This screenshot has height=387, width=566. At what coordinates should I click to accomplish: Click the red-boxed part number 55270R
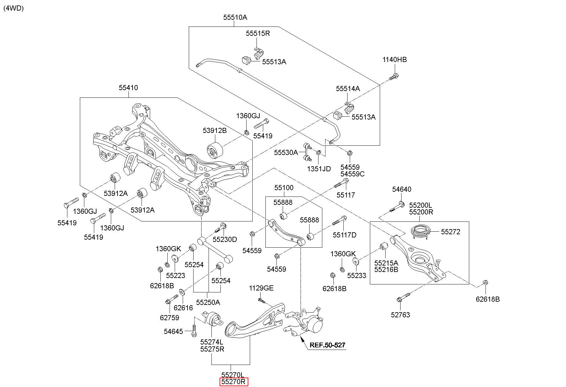click(233, 382)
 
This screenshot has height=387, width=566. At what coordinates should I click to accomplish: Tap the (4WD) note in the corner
click(14, 8)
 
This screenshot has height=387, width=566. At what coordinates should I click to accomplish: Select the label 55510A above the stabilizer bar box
click(235, 18)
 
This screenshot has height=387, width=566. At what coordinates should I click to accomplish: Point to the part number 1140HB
click(395, 59)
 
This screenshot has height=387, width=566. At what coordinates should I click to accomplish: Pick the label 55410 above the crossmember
click(128, 88)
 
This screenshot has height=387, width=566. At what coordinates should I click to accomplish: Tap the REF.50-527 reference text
click(328, 345)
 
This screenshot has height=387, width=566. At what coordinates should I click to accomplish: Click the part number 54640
click(402, 190)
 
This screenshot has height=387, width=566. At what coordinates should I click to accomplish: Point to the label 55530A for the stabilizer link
click(286, 152)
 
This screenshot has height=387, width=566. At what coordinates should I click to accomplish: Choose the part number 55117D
click(344, 235)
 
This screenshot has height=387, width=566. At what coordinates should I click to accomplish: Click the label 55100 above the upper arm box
click(284, 188)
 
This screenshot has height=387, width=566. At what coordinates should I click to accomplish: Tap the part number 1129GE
click(261, 288)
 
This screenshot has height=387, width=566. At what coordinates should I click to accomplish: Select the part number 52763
click(400, 315)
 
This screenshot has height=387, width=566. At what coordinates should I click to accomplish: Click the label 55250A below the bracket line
click(208, 302)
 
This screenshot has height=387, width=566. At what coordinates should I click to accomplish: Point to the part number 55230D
click(225, 239)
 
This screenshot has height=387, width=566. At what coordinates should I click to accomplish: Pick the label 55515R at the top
click(258, 33)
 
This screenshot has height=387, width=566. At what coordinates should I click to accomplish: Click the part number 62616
click(183, 308)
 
